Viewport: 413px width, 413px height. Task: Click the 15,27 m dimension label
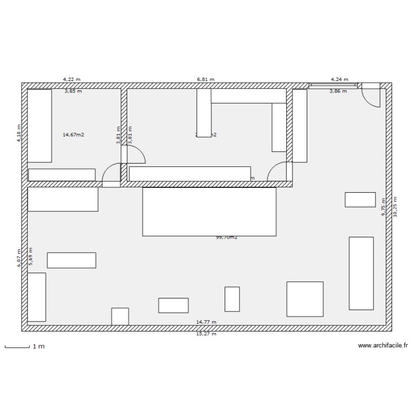tap(206, 334)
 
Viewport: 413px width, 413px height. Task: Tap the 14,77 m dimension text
tap(206, 322)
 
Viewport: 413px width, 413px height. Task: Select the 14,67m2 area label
tap(73, 134)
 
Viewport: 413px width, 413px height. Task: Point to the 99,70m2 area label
tap(226, 237)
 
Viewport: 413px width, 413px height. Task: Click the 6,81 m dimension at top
tap(205, 79)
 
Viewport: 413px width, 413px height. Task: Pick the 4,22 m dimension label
tap(72, 79)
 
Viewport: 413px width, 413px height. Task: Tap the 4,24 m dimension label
tap(339, 79)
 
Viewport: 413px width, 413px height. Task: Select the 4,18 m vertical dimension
tap(19, 133)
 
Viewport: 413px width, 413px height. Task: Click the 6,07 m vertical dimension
tap(19, 257)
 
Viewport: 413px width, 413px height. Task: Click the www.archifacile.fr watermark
tap(382, 346)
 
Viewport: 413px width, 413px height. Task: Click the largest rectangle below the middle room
tap(209, 212)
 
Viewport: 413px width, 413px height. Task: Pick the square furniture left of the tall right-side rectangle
tap(305, 299)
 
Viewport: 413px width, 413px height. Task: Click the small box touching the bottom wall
tap(120, 316)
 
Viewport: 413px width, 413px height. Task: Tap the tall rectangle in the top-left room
tap(40, 126)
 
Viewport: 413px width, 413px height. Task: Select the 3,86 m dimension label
tap(338, 91)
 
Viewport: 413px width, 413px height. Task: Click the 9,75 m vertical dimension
tap(384, 207)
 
